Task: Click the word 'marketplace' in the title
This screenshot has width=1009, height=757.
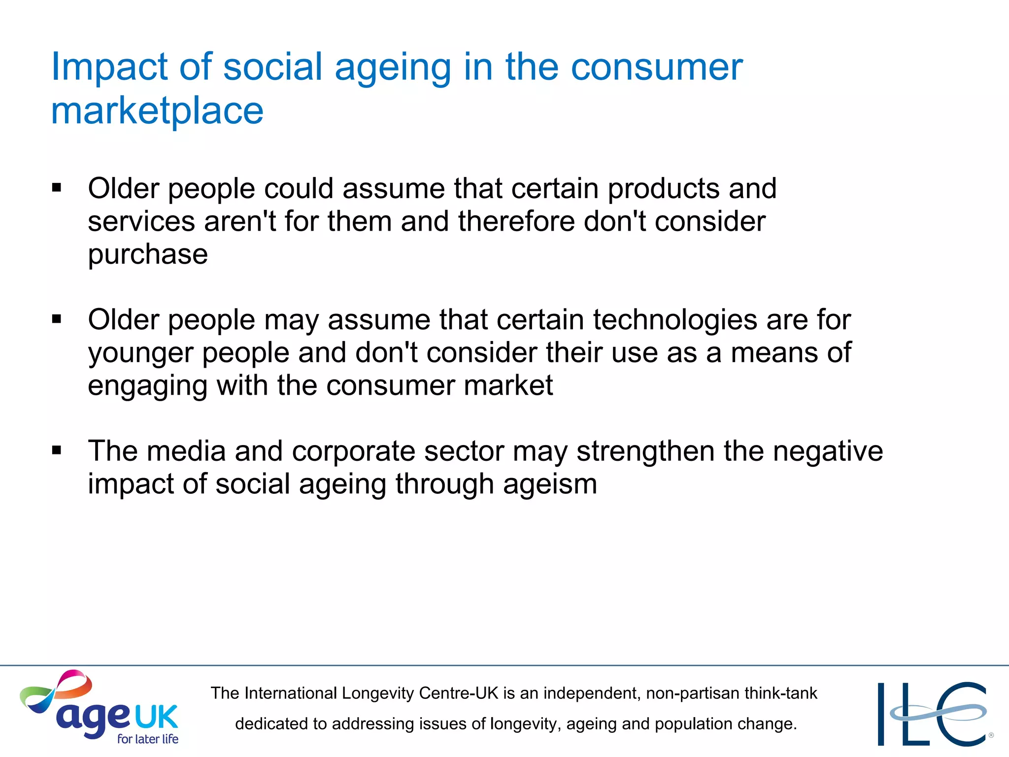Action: (x=157, y=111)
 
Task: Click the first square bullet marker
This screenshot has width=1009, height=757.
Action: (x=57, y=188)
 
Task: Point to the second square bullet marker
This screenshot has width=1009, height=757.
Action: (x=57, y=319)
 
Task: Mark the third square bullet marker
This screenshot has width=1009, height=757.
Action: (x=57, y=450)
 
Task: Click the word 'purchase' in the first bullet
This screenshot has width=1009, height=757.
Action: (x=148, y=255)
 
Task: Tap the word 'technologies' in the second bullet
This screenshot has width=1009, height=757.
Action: (x=675, y=320)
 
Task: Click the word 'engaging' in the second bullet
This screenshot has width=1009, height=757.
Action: (x=147, y=386)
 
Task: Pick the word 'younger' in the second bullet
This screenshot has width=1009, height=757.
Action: (x=140, y=353)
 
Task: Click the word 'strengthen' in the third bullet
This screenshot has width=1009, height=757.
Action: (x=645, y=451)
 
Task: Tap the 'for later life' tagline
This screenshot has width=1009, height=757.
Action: (x=147, y=739)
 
